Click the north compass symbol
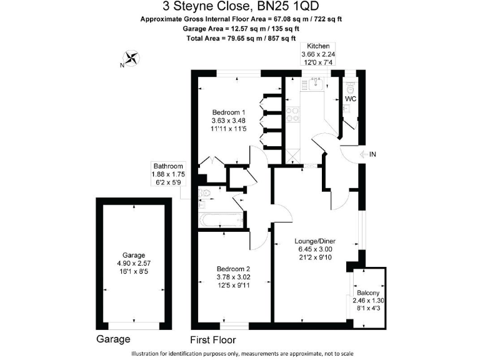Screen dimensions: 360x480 (x=131, y=59)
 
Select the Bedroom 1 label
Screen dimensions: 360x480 (x=227, y=112)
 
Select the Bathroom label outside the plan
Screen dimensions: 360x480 (x=167, y=166)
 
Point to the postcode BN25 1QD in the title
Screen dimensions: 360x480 (x=292, y=7)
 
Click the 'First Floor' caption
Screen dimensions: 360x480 (x=213, y=340)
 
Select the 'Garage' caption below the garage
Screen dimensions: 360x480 (x=113, y=339)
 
